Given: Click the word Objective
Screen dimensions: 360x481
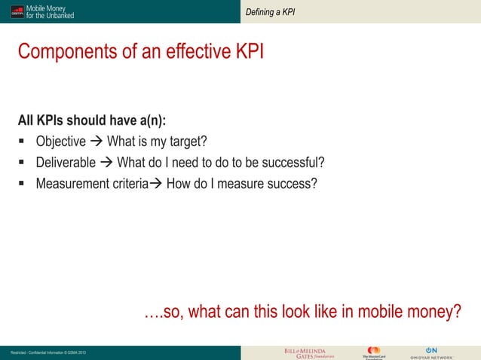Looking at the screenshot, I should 61,142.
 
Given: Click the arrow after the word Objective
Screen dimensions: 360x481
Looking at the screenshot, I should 97,142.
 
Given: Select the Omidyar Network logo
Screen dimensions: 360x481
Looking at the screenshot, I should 431,353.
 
